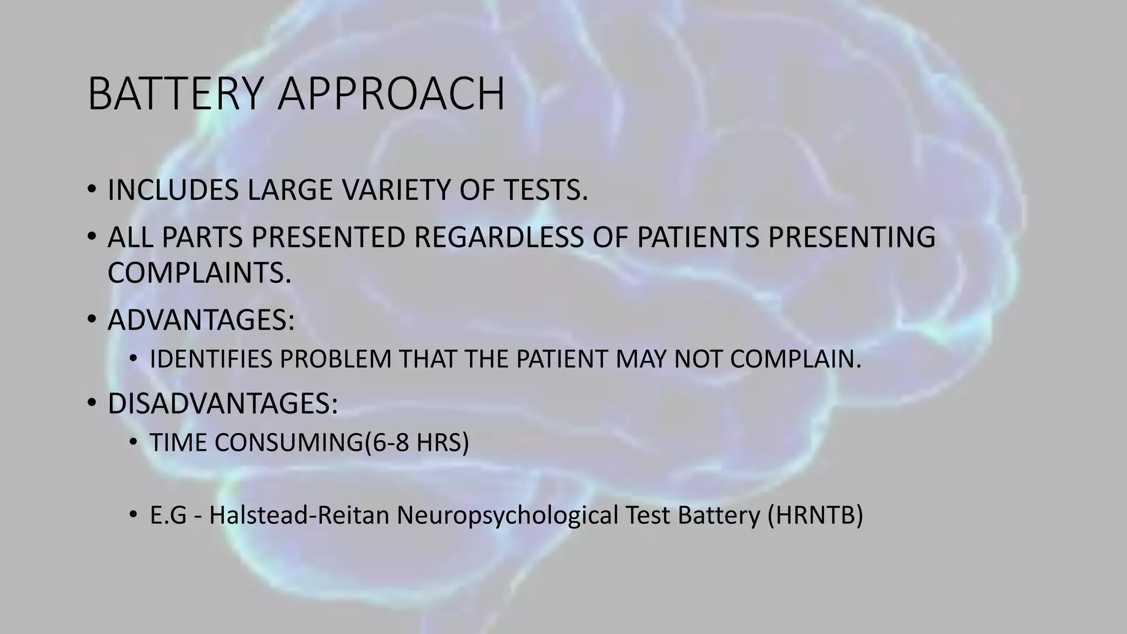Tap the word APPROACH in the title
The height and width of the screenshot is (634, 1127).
[x=391, y=94]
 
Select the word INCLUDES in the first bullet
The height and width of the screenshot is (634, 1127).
[x=173, y=190]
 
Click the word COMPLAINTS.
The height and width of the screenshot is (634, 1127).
[x=199, y=272]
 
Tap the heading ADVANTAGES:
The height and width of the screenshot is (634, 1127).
[x=201, y=320]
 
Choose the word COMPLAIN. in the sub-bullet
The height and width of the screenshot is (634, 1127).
[x=795, y=359]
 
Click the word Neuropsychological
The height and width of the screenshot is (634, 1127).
[x=506, y=515]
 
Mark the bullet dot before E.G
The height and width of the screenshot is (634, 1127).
[x=133, y=515]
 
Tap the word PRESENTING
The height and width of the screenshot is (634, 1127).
[x=851, y=238]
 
